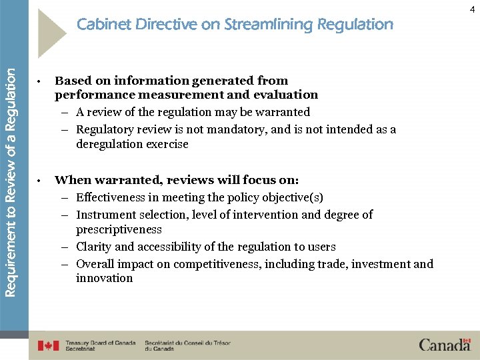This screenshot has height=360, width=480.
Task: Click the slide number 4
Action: click(x=472, y=9)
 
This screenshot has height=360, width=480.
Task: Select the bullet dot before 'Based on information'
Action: click(x=41, y=82)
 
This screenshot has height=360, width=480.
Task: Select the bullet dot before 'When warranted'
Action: click(x=41, y=181)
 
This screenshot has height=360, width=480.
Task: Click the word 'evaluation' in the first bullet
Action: click(x=285, y=95)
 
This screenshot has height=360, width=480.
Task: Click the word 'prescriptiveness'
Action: click(x=119, y=229)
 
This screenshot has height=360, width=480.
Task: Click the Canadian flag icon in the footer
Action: click(x=48, y=345)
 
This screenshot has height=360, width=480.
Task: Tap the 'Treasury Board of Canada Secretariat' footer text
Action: click(x=100, y=345)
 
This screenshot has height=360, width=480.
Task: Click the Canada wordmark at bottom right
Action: click(x=445, y=345)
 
